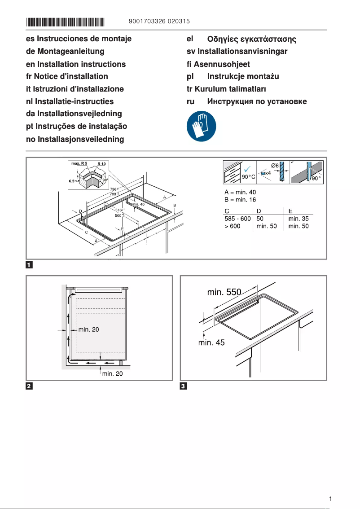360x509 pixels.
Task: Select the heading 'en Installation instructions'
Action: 76,64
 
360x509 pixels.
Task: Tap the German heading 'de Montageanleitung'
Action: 65,52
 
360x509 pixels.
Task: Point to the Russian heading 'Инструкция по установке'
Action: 257,101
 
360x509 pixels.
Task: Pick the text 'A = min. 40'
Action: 240,192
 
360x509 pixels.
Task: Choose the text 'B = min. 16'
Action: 240,200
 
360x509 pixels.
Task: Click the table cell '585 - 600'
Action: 237,219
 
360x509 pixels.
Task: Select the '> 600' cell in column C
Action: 233,226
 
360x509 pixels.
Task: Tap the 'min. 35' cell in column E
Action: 299,219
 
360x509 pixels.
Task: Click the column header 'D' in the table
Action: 259,211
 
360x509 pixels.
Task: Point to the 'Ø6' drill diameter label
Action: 275,166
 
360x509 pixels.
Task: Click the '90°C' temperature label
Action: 248,177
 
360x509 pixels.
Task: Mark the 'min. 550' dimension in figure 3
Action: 224,292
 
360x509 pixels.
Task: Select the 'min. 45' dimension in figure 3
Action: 212,342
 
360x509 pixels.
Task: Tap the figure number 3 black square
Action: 183,386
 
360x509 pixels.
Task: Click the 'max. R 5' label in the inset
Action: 79,163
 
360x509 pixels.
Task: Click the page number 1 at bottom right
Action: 330,499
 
